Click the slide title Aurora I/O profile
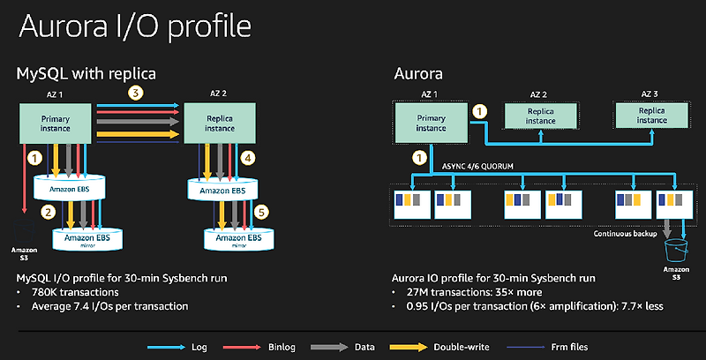pyautogui.click(x=130, y=26)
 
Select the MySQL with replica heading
pyautogui.click(x=86, y=72)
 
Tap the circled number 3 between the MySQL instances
pyautogui.click(x=134, y=93)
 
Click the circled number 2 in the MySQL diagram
pyautogui.click(x=48, y=211)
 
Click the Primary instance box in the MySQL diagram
pyautogui.click(x=56, y=123)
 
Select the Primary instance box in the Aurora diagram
pyautogui.click(x=430, y=122)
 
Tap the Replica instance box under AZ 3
pyautogui.click(x=652, y=116)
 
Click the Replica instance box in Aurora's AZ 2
pyautogui.click(x=540, y=116)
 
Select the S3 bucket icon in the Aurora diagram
pyautogui.click(x=675, y=248)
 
